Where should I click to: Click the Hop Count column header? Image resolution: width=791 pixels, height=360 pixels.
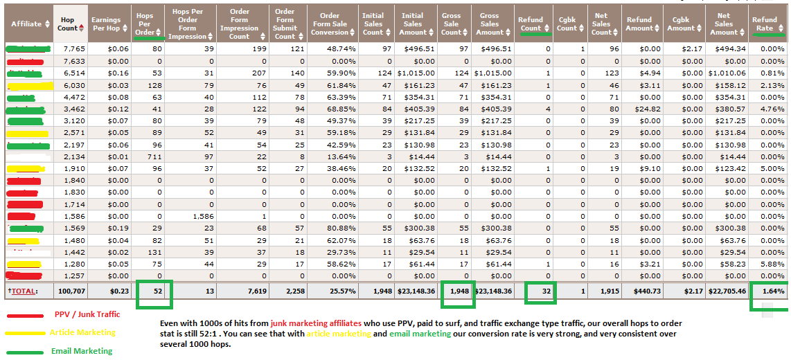coord(68,24)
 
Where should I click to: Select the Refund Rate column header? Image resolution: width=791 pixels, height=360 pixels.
coord(765,24)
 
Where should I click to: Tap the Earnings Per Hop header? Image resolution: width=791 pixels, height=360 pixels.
coord(106,24)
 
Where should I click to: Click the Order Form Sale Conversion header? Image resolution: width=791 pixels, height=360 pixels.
coord(330,24)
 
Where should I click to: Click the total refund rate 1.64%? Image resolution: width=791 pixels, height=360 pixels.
coord(771,291)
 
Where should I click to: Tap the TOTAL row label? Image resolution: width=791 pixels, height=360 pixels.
coord(25,291)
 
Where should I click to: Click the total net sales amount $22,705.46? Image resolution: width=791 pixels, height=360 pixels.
coord(723,291)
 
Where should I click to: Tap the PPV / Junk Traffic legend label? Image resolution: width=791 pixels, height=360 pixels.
coord(87,314)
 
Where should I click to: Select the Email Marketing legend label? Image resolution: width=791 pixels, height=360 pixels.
coord(82,351)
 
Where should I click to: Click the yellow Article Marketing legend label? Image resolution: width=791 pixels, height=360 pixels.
coord(82,333)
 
